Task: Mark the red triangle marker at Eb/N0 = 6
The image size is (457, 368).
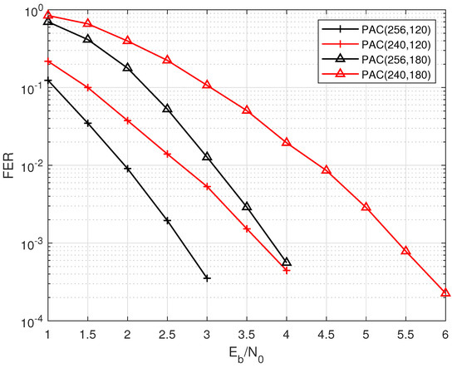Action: [x=445, y=292]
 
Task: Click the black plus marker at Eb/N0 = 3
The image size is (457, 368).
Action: [x=207, y=278]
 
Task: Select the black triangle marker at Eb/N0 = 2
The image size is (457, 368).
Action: [x=127, y=67]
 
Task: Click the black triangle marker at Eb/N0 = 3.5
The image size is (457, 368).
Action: [x=247, y=206]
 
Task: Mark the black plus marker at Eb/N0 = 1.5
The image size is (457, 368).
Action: [x=87, y=123]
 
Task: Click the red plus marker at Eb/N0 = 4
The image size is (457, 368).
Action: [x=286, y=270]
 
